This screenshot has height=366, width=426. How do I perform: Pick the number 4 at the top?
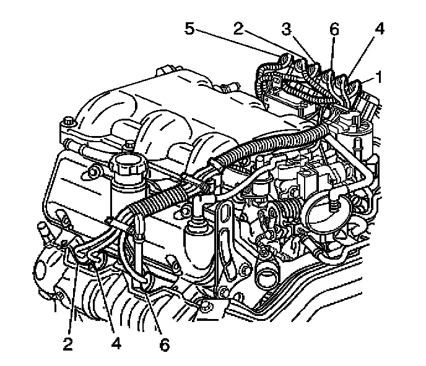[378, 28]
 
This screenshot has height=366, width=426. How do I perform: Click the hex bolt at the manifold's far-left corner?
[67, 130]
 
